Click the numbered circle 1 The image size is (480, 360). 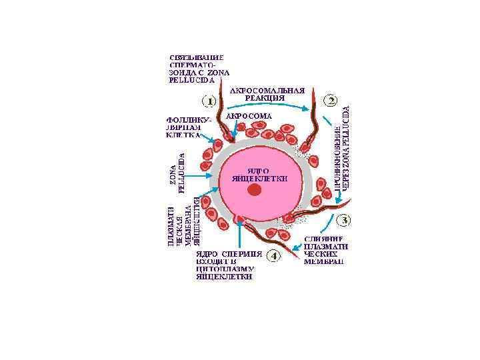point(209,101)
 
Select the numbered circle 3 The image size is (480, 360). point(345,219)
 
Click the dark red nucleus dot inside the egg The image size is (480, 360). point(253,190)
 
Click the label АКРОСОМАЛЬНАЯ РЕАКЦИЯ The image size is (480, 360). point(267,93)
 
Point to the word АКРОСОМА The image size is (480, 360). point(249,115)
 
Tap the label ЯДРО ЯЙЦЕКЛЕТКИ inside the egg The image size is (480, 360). point(259,175)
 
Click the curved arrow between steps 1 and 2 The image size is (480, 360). point(267,107)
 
